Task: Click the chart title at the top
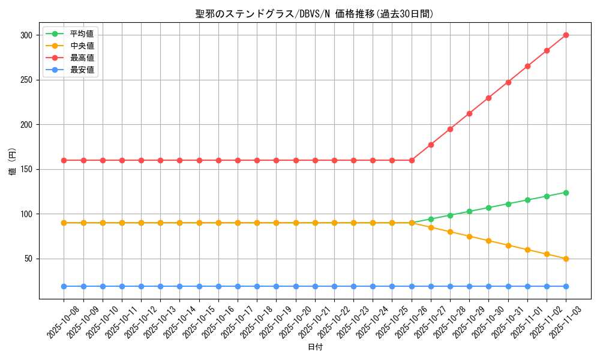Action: click(x=314, y=14)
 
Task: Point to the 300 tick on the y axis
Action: click(x=26, y=35)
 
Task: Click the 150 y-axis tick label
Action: click(x=26, y=169)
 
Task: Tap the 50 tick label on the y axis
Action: click(x=28, y=259)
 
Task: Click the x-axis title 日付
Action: click(x=315, y=347)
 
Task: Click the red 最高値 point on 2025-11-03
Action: click(x=566, y=35)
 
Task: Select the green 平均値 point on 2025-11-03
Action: click(x=566, y=193)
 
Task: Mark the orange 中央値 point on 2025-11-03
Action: click(x=566, y=259)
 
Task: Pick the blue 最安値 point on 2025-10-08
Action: click(x=64, y=286)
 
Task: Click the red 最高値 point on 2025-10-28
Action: click(x=450, y=129)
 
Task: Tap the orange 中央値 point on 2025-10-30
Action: click(x=488, y=241)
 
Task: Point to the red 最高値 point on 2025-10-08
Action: click(x=64, y=160)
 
